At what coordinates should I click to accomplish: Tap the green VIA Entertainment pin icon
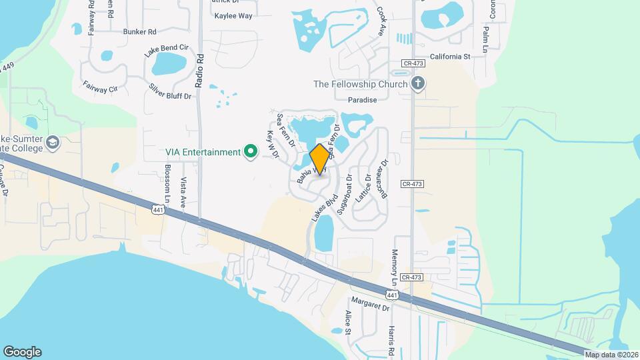point(251,152)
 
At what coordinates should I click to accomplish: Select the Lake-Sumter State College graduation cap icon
point(53,142)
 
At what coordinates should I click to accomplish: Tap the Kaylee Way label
point(233,16)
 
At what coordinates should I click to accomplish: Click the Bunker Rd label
point(139,31)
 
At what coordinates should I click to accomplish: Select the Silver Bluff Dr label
point(170,91)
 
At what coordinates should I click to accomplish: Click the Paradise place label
point(363,100)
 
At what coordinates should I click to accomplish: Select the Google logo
point(22,352)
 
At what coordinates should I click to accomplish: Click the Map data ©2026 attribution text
point(611,354)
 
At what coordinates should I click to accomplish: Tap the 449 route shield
point(8,67)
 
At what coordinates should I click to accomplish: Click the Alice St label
point(348,321)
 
